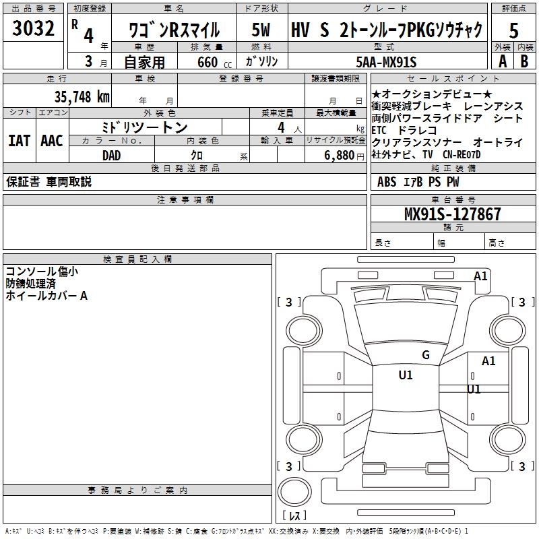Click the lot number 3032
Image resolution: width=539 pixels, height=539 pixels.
point(34,29)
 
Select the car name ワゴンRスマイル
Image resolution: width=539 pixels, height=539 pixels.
point(175,30)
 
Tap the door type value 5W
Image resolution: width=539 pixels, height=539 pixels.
point(261,30)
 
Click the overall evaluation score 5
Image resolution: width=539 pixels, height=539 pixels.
point(513,30)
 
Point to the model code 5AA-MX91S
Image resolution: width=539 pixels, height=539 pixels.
point(386,62)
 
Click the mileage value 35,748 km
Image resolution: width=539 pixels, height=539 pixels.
point(82,96)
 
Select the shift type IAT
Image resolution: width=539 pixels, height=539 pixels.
point(19,141)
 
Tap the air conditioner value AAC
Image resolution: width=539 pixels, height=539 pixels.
point(51,141)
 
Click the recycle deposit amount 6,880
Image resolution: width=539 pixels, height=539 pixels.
point(340,155)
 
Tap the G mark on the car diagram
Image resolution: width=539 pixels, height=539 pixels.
point(425,355)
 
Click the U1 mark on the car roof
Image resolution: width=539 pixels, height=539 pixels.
point(406,375)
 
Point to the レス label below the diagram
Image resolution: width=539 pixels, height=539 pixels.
point(294,515)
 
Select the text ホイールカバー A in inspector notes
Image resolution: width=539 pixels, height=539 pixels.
point(46,296)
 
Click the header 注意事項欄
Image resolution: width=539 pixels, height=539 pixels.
point(185,199)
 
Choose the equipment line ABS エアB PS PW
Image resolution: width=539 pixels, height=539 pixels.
point(418,182)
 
